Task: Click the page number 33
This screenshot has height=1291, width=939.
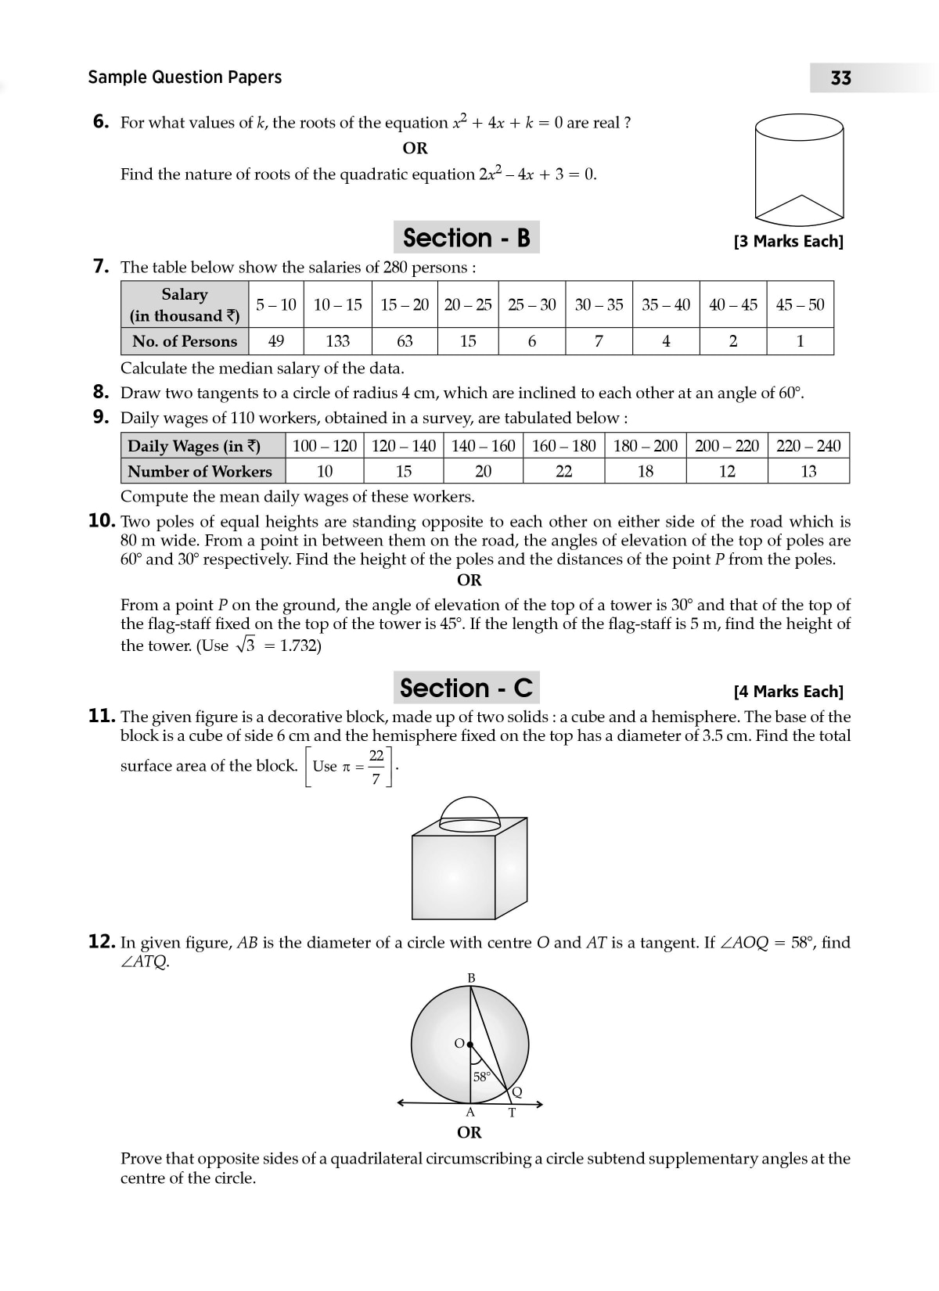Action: pyautogui.click(x=841, y=78)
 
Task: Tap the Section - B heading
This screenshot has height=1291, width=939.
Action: pyautogui.click(x=466, y=238)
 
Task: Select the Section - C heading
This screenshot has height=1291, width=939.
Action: pyautogui.click(x=466, y=689)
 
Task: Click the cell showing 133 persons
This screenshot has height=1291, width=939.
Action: pyautogui.click(x=338, y=341)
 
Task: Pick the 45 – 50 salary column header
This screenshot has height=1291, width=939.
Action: pyautogui.click(x=800, y=304)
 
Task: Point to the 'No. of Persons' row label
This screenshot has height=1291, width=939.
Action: pyautogui.click(x=185, y=341)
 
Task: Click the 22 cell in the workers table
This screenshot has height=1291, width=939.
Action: pyautogui.click(x=563, y=471)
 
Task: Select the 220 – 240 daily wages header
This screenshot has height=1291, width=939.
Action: pyautogui.click(x=808, y=446)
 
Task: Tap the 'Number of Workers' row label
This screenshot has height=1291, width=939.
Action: pyautogui.click(x=200, y=471)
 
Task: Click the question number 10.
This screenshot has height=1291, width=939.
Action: pyautogui.click(x=103, y=521)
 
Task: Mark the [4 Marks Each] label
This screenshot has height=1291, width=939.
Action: pyautogui.click(x=789, y=692)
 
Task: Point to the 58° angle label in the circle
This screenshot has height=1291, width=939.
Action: pyautogui.click(x=482, y=1076)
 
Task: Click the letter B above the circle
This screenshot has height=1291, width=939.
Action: pyautogui.click(x=471, y=978)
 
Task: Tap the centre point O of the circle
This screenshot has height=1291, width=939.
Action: pyautogui.click(x=469, y=1043)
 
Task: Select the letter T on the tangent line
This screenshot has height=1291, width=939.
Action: pyautogui.click(x=512, y=1113)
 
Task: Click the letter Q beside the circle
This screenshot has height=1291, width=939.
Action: pyautogui.click(x=516, y=1092)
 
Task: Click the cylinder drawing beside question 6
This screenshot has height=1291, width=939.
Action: pyautogui.click(x=799, y=167)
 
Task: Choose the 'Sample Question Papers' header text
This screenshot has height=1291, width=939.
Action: pyautogui.click(x=185, y=77)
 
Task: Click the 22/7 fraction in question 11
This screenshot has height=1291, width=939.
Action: pyautogui.click(x=376, y=767)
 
